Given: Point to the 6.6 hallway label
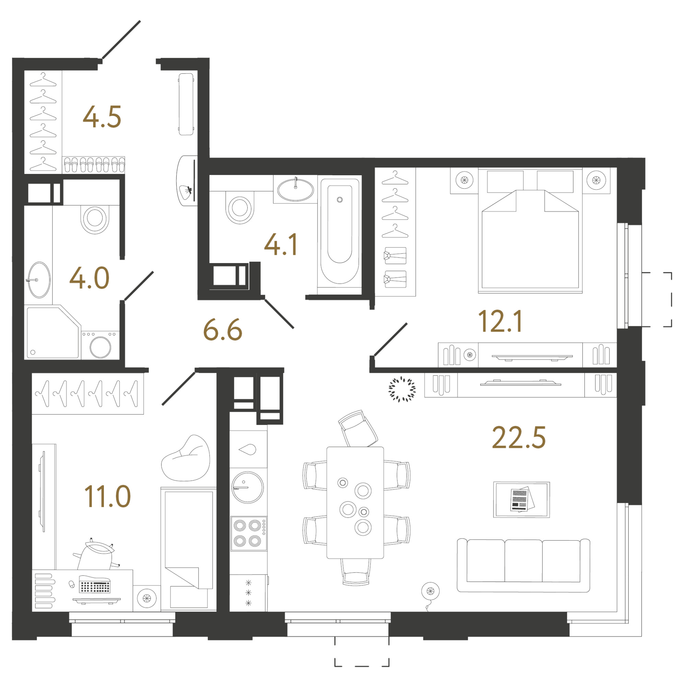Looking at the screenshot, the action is (223, 330).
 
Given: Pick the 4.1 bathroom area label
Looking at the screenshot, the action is (281, 244).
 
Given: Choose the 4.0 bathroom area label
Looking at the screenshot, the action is (89, 278).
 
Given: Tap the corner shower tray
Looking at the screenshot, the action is (53, 333).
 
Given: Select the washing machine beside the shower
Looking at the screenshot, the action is (100, 345).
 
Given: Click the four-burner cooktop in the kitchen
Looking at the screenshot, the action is (248, 534).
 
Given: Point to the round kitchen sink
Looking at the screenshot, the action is (248, 487).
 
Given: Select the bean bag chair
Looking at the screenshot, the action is (186, 458).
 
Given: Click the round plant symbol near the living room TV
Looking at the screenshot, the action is (402, 390).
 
